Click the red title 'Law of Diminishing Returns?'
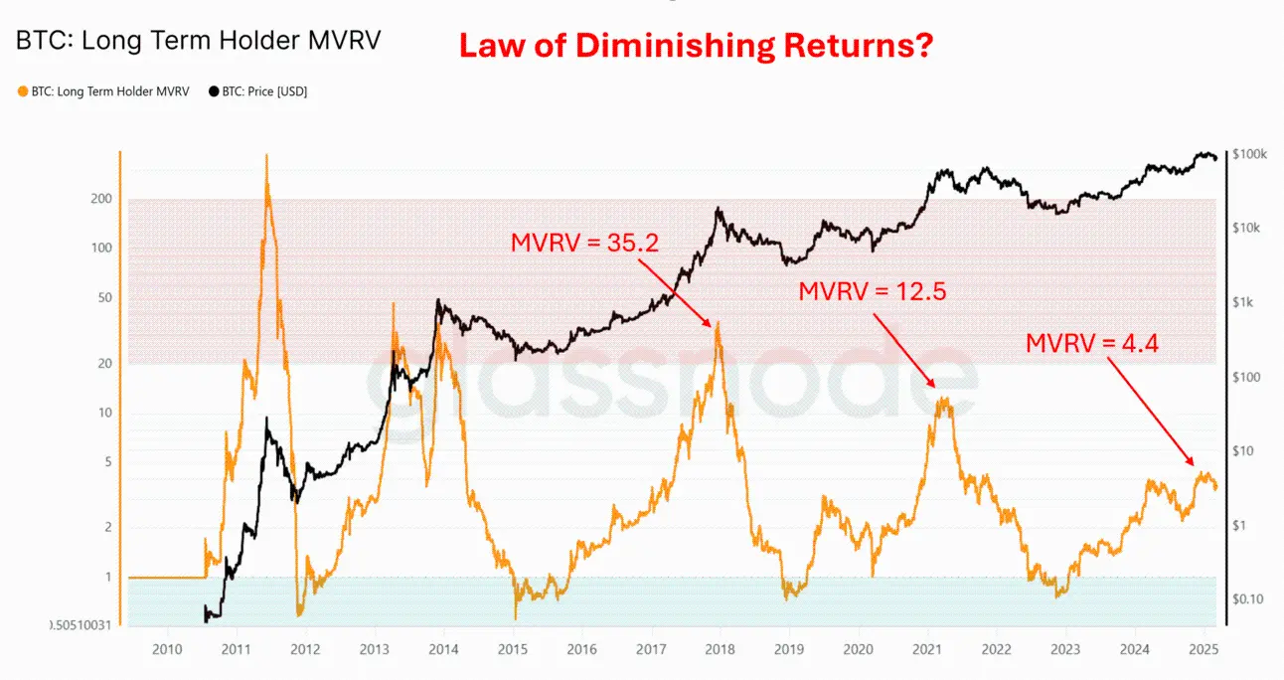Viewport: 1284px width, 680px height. click(695, 45)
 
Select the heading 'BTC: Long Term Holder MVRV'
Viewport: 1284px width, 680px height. click(198, 42)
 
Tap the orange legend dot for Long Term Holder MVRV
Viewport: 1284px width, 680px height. click(23, 91)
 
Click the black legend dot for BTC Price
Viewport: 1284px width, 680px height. click(214, 91)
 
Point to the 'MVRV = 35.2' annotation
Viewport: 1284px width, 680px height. click(585, 243)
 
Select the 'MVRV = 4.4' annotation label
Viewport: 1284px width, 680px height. click(1091, 343)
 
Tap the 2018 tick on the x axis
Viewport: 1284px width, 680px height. click(720, 650)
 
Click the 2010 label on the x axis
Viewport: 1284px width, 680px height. click(167, 650)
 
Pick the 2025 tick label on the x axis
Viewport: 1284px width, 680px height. click(1204, 650)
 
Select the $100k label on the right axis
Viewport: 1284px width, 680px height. click(1248, 155)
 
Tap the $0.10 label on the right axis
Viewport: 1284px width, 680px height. click(1249, 598)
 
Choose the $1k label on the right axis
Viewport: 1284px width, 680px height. click(1246, 302)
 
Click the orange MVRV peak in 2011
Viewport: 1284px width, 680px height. click(266, 157)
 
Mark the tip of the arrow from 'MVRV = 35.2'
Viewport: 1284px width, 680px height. click(712, 327)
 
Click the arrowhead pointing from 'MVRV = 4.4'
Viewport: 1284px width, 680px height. click(1193, 465)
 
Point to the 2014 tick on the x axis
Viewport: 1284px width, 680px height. click(443, 650)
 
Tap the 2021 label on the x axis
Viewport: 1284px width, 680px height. click(927, 650)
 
